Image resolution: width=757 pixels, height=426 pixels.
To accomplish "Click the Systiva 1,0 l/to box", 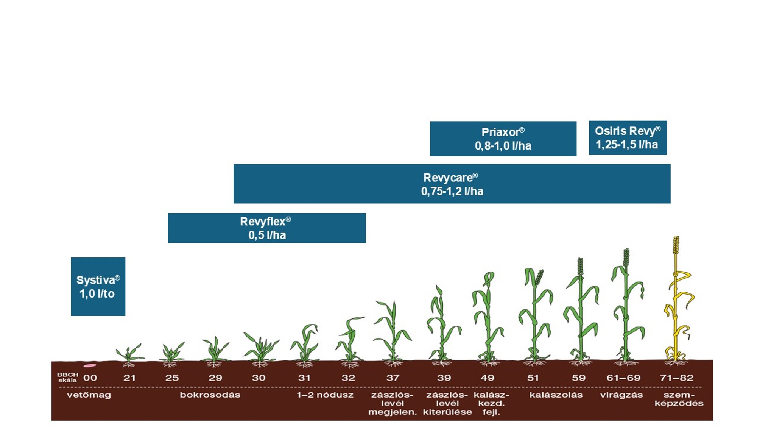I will coord(98,286).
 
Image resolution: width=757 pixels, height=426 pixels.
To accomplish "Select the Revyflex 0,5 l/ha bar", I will coord(266,228).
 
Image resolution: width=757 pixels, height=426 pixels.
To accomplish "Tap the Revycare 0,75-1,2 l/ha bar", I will coord(452,184).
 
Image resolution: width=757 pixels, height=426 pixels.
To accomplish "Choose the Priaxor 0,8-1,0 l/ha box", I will coord(503,139).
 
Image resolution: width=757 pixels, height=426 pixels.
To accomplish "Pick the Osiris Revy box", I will coord(628,138).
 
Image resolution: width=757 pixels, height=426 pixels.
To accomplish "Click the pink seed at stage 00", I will coord(90,365).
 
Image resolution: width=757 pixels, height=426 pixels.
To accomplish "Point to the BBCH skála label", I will coord(67,377).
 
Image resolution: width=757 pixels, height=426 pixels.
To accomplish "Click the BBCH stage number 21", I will coord(129,378).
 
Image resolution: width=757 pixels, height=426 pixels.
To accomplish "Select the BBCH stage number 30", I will coord(259,378).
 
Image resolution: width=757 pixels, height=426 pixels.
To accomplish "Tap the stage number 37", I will coord(393,378).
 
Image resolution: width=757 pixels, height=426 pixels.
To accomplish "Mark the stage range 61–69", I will coord(623,378).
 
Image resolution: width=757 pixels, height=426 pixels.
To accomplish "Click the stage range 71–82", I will coord(676,378).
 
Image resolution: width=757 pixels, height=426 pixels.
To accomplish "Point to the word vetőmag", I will coord(89,395).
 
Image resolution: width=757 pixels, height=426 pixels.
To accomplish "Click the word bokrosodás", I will coord(210,395).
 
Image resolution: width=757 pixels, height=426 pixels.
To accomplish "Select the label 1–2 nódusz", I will coord(325,395).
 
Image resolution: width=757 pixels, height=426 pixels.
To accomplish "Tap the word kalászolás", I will coord(556,395).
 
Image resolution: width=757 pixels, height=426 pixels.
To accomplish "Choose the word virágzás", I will coord(621,395).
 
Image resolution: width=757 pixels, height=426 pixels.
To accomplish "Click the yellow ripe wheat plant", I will coord(677,303).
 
